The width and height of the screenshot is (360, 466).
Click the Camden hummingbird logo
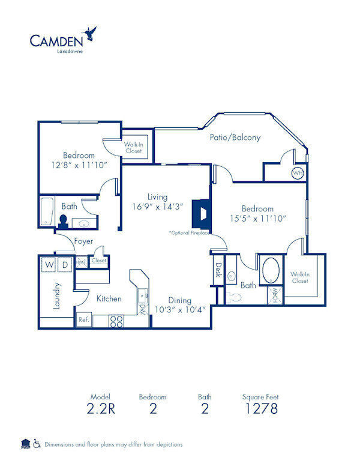tap(91, 32)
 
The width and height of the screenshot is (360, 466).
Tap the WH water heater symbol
tap(298, 174)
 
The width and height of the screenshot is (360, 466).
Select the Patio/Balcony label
tap(235, 138)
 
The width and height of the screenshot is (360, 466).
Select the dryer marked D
tap(65, 264)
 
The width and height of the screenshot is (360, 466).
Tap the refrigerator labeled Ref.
tap(83, 321)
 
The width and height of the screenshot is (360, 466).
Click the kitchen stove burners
tap(116, 321)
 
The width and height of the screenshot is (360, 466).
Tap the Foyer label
tap(83, 241)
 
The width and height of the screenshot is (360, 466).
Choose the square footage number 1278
tap(260, 409)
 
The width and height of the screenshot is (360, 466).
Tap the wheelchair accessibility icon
tap(37, 444)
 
